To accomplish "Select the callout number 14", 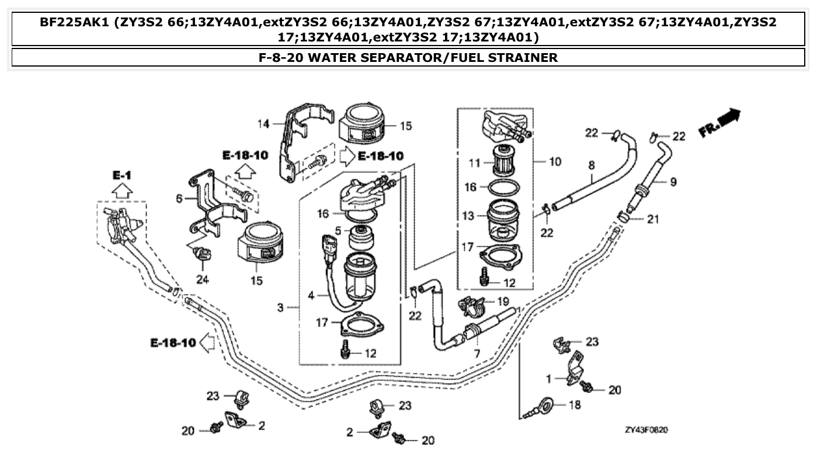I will tap(265, 124).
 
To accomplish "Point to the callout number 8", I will tap(591, 166).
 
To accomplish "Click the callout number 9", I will tap(673, 182).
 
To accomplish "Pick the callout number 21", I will tap(652, 219).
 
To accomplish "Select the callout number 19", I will tap(503, 302).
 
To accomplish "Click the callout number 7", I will tap(477, 354).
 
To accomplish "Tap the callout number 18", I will tap(575, 405).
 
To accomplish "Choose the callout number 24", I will tap(202, 280).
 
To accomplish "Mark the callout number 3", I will tap(280, 307).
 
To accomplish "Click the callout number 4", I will tap(311, 296).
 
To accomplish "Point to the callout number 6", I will tap(179, 199).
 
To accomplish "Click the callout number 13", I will tap(468, 216).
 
